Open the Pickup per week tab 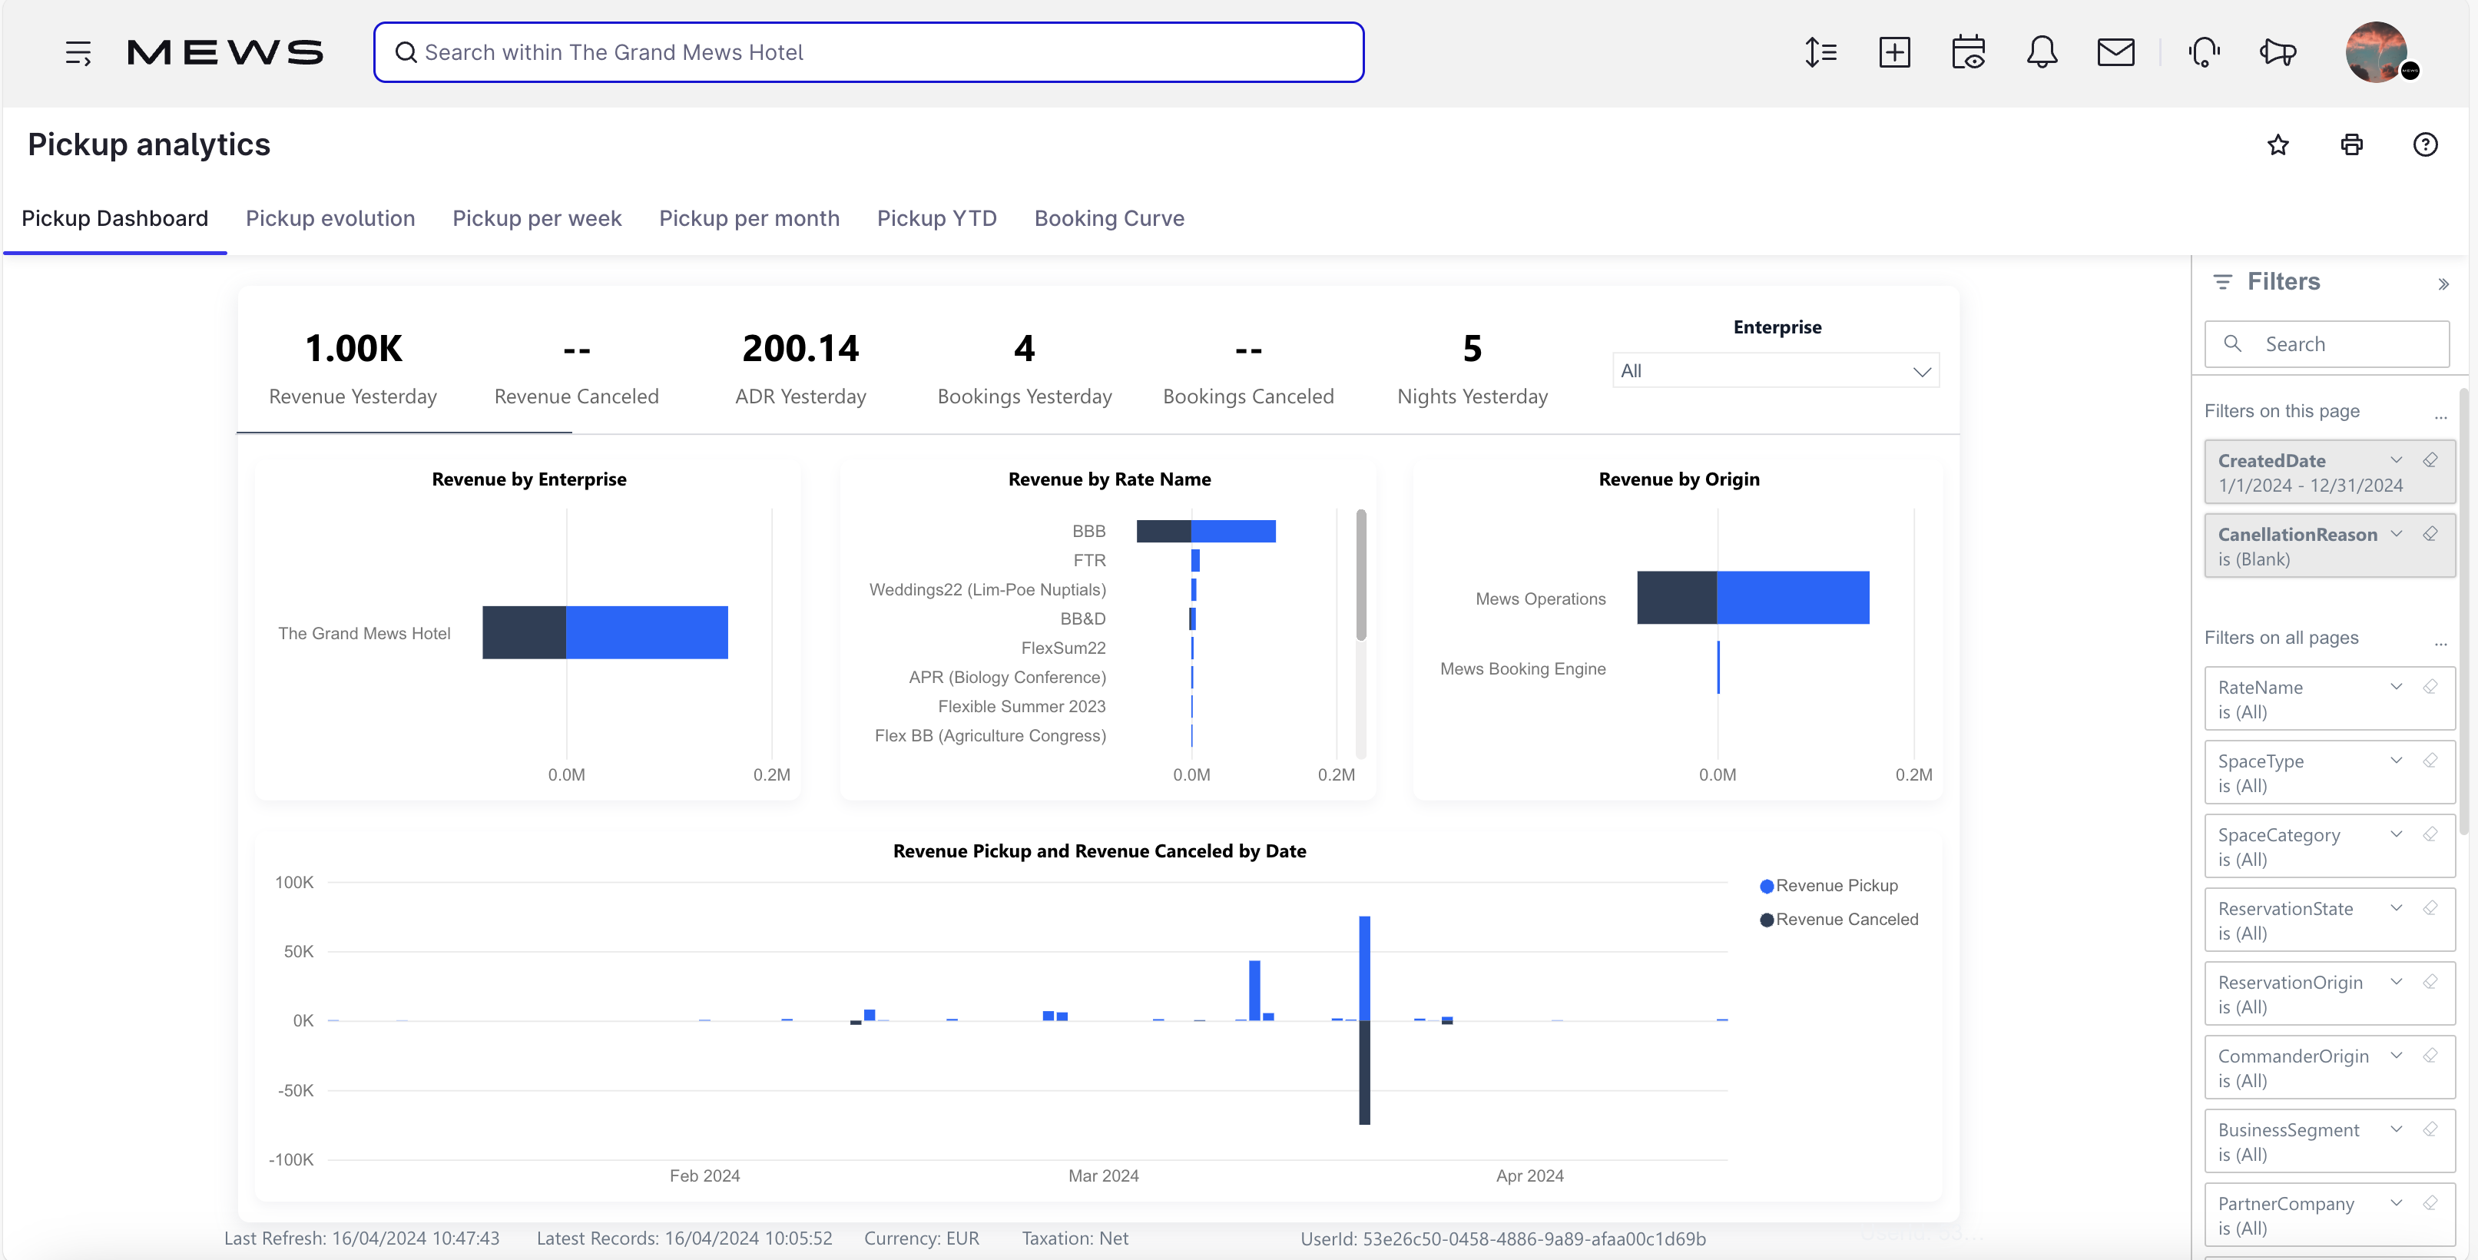537,218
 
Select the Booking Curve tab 1108,218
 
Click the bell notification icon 2041,52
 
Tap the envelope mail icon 2115,52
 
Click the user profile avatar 2376,52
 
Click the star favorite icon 2277,145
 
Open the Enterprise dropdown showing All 1775,371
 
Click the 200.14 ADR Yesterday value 800,348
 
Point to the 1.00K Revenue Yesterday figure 353,348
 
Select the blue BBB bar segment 1233,531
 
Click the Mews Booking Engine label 1522,668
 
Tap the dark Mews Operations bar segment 1676,597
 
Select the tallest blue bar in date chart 1364,967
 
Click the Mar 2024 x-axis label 1102,1175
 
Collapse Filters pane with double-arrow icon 2443,283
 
